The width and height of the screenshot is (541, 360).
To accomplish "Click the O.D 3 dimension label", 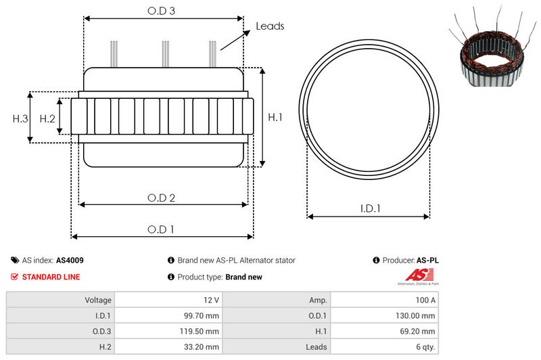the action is coord(161,11).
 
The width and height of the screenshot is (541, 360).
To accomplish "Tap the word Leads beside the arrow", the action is coord(270,26).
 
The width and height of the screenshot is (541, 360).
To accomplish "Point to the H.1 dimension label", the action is coord(275,117).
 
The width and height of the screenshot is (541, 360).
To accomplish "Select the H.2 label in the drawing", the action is coord(47,118).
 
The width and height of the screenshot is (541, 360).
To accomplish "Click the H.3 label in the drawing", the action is coord(20,118).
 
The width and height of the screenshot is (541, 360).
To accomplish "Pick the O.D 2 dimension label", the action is coord(161,198).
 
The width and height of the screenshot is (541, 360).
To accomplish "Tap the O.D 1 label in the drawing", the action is coord(160,229).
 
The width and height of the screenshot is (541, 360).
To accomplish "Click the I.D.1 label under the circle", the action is coord(370,208).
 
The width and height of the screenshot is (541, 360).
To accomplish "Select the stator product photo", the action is coord(493,47).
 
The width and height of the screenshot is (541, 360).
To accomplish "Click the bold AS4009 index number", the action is coord(70,261).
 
